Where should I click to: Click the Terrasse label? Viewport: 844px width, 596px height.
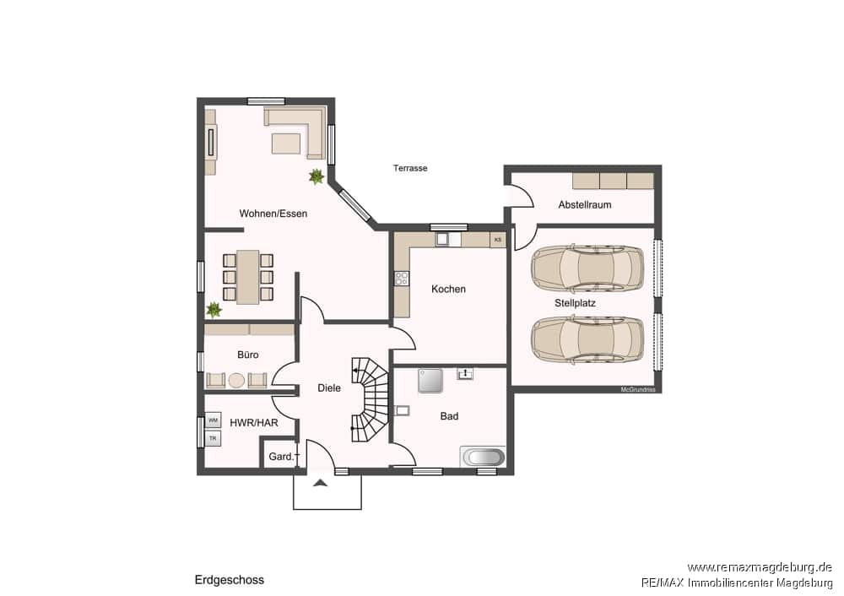coord(410,168)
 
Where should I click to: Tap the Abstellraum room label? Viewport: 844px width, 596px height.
coord(585,204)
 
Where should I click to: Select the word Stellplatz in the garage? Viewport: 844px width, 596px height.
coord(575,303)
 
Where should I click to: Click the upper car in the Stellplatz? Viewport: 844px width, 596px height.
coord(587,267)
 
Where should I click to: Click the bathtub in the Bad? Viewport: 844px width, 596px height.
coord(483,457)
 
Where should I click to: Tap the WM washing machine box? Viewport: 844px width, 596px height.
coord(214,420)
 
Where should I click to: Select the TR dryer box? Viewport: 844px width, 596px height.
coord(214,438)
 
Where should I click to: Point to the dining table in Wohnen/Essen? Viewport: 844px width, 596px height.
coord(247,277)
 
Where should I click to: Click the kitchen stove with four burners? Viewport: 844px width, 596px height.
coord(402,279)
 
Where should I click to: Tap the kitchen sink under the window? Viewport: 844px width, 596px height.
coord(448,239)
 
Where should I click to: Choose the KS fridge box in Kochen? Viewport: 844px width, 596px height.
coord(498,240)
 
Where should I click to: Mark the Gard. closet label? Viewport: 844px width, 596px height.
coord(282,457)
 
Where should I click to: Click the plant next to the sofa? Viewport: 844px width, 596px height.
coord(316,176)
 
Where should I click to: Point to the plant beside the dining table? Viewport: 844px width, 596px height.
coord(214,310)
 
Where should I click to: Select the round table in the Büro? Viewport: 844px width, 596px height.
coord(236,381)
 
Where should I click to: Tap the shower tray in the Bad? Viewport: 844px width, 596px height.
coord(430,381)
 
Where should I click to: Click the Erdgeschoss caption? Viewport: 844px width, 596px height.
coord(230,580)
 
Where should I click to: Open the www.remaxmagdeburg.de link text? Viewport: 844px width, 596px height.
coord(760,567)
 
